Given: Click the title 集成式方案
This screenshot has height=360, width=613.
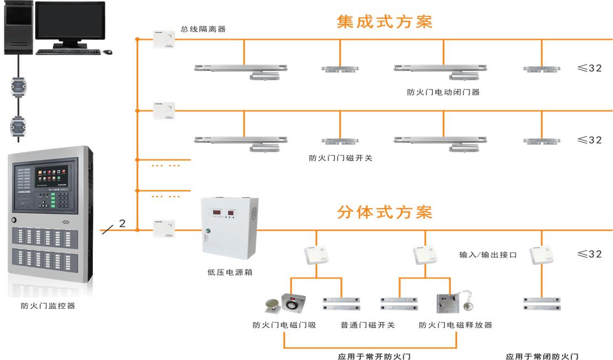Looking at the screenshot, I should tap(384, 22).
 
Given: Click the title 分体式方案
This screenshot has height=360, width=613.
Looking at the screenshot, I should tap(384, 212).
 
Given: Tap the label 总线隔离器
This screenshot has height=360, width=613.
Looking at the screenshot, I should tap(203, 29).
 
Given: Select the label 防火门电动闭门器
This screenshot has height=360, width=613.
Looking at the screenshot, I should tap(443, 92).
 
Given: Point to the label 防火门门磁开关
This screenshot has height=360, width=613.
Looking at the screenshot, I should tap(340, 158).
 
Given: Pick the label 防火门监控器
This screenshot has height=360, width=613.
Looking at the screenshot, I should tap(48, 305).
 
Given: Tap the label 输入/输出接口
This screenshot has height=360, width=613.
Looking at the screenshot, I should tap(488, 255).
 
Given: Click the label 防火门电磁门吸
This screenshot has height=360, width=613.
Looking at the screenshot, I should tap(284, 325).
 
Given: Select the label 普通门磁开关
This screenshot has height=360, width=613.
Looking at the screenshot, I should tap(367, 325).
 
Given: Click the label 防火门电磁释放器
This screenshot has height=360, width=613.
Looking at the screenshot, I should tap(455, 325).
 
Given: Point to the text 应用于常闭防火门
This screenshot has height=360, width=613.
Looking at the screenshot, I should tap(542, 357).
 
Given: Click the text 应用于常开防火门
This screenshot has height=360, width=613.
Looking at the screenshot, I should tap(374, 357).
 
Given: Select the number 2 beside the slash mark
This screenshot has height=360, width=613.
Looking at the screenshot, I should tap(122, 224).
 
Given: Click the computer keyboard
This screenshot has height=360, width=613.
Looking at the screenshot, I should tap(68, 52).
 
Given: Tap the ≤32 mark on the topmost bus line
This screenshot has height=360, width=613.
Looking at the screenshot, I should tap(589, 68).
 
